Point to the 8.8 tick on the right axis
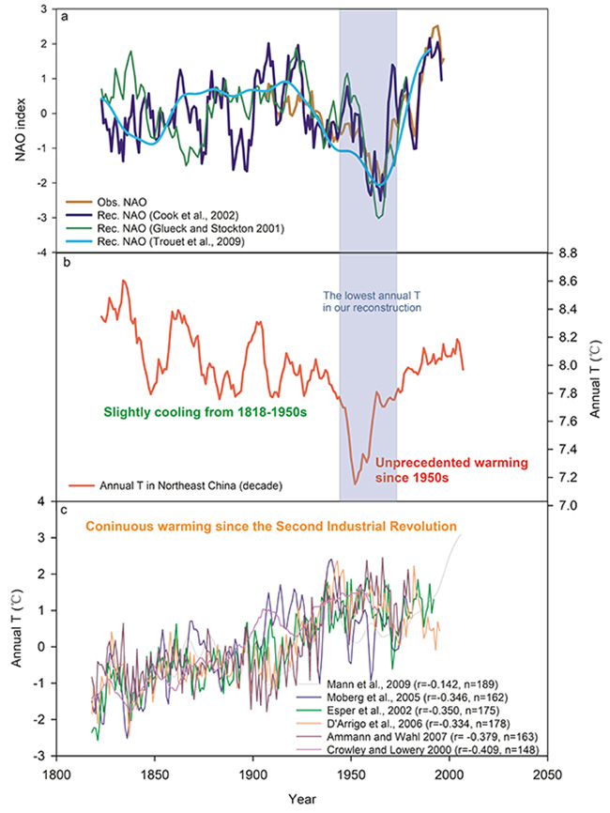pos(568,253)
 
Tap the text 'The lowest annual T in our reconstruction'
pos(367,300)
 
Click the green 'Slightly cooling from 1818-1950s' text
pos(197,409)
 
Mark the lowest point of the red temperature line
pos(355,483)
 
